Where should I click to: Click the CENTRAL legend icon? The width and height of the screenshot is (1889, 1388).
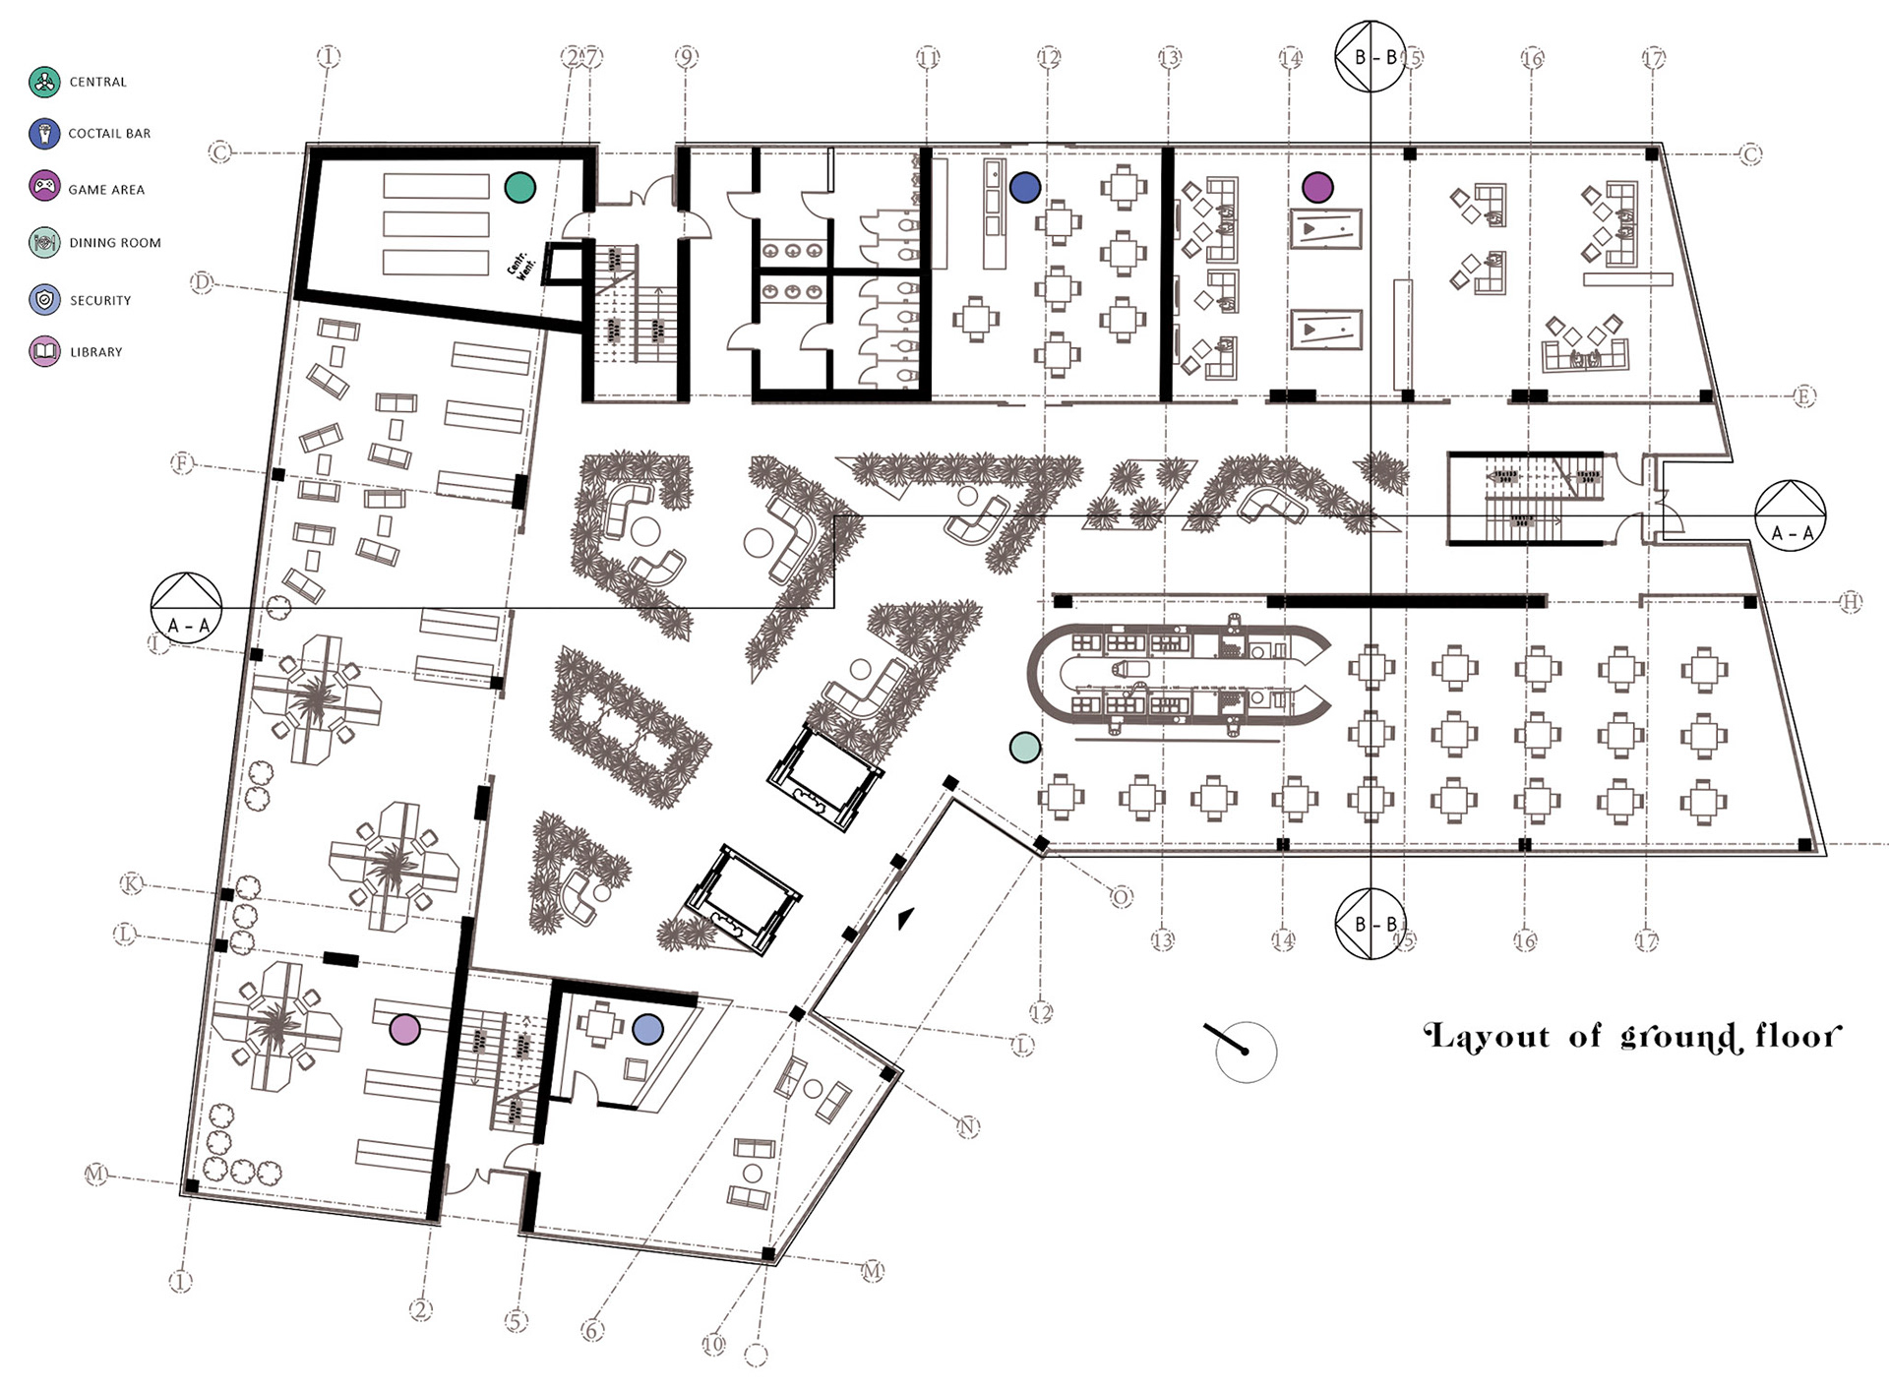(x=44, y=82)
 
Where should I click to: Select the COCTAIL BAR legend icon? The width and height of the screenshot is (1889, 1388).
(x=44, y=133)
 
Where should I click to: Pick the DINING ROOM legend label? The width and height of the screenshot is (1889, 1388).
(x=114, y=242)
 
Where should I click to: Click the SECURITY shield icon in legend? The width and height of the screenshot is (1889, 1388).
(x=44, y=299)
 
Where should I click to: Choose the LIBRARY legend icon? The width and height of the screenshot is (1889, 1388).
(x=44, y=351)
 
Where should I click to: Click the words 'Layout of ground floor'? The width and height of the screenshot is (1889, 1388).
(x=1632, y=1037)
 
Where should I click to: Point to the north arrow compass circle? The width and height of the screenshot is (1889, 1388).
(x=1246, y=1052)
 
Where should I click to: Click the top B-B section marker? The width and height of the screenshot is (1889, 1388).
(x=1370, y=57)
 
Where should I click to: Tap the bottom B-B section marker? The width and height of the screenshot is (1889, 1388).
(x=1370, y=924)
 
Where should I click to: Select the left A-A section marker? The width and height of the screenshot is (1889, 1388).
(x=187, y=608)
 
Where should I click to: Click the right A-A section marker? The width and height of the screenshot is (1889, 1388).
(x=1790, y=515)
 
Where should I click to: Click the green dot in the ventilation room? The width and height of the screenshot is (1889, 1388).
(x=519, y=187)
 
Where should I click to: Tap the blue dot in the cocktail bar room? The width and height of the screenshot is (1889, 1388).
(x=1025, y=187)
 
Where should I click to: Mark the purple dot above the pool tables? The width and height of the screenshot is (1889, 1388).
(x=1317, y=187)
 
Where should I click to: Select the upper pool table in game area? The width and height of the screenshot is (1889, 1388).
(x=1325, y=230)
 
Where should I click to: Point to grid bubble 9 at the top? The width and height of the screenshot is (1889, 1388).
(x=687, y=57)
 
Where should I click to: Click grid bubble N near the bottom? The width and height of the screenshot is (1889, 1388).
(x=968, y=1126)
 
